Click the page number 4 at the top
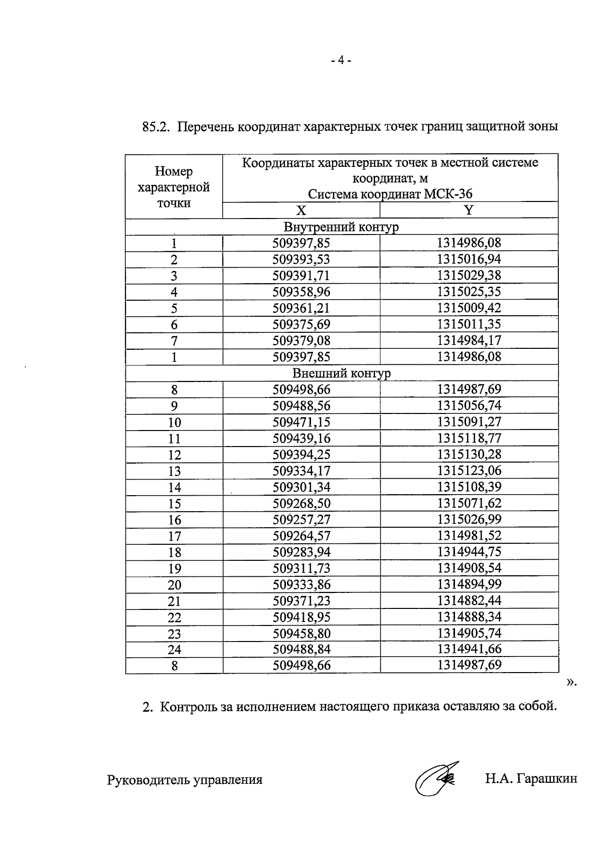341,61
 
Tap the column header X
301,210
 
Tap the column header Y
469,210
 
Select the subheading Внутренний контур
341,227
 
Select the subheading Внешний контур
341,373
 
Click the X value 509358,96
302,292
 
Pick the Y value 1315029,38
469,275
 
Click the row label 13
174,471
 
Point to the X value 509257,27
302,519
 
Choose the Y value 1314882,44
469,600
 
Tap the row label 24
174,650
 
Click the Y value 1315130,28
469,455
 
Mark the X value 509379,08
302,340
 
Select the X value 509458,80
302,633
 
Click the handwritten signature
435,778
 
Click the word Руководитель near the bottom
142,780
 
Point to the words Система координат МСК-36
390,194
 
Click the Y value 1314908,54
469,568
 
